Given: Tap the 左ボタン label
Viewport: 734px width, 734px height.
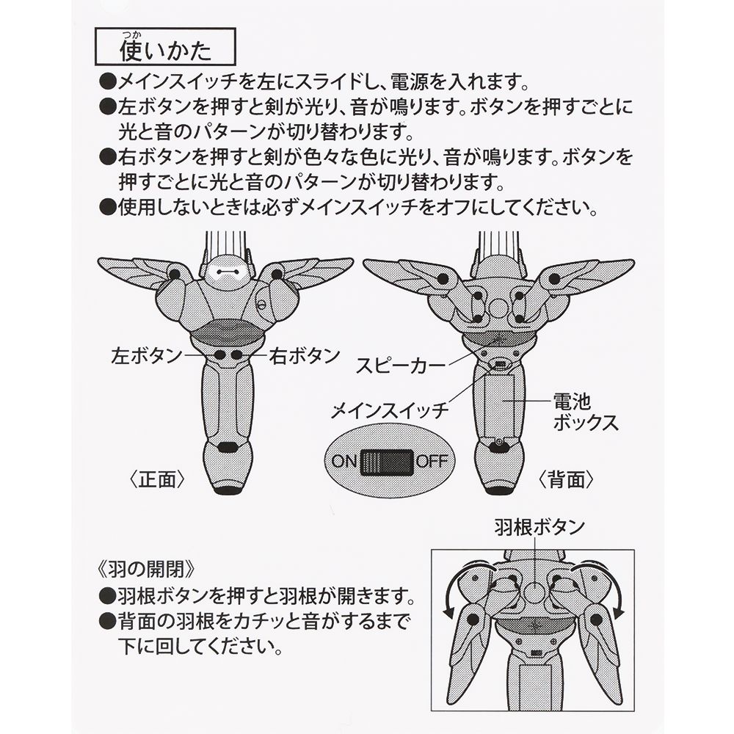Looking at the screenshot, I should [x=146, y=356].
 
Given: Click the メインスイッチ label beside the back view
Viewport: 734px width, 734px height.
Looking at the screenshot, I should [x=390, y=409].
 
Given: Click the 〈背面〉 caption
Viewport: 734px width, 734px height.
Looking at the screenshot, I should [x=566, y=479].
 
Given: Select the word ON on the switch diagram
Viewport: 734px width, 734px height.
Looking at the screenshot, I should [x=344, y=462].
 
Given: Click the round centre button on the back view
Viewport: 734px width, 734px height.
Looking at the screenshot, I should [x=498, y=306].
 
